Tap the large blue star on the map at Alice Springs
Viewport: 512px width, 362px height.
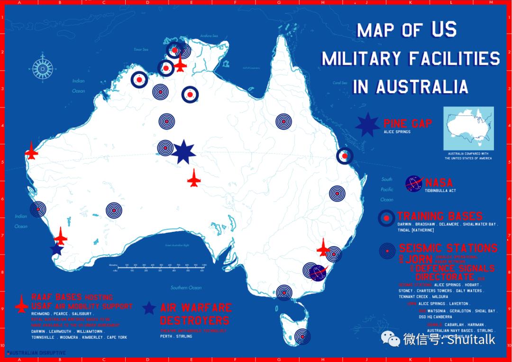(183, 152)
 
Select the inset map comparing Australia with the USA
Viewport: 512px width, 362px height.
(468, 129)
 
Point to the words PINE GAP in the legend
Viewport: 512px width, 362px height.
(408, 124)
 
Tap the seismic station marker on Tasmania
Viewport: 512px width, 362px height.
(302, 336)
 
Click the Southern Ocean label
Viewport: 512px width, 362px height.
(186, 288)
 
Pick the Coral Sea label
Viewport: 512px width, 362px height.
(339, 83)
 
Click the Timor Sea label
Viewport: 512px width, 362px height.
(141, 49)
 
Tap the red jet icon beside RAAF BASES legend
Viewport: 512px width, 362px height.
(22, 304)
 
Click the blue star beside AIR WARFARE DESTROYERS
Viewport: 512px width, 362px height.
(149, 308)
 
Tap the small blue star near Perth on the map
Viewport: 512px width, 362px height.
(57, 249)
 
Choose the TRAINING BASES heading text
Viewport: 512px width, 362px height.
(440, 216)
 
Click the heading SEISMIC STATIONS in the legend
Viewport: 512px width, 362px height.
(448, 248)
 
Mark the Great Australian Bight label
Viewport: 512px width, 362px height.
(177, 245)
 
